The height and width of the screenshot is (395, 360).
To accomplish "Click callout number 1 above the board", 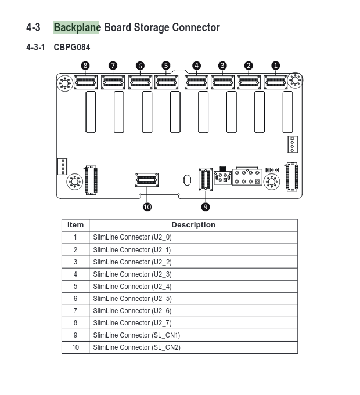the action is coord(276,66).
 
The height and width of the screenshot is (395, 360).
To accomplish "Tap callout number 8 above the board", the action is coord(85,66).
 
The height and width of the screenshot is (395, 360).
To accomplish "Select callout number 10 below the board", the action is coord(147,207).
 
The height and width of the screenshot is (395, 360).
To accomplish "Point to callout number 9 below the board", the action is coord(206,207).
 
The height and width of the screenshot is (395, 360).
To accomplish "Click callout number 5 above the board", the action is coord(166,66).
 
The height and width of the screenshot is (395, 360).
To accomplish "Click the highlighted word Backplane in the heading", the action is coord(77,27).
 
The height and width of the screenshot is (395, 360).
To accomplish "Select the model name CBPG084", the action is coord(72,48).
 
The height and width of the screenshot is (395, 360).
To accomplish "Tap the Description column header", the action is coord(193,225).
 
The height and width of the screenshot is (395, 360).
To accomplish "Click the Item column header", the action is coord(75,225).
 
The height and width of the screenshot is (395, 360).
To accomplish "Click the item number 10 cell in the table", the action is coord(75,347).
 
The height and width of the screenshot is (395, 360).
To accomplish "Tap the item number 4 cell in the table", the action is coord(75,274).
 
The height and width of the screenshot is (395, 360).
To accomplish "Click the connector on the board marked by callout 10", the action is coord(146,180).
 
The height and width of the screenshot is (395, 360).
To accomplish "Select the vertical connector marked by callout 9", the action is coord(206,179).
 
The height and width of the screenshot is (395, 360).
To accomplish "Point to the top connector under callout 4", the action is coord(196,82).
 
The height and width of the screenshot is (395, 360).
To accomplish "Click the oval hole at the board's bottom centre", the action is coord(187,180).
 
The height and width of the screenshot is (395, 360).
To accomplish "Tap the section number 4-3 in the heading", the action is coord(33,27).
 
